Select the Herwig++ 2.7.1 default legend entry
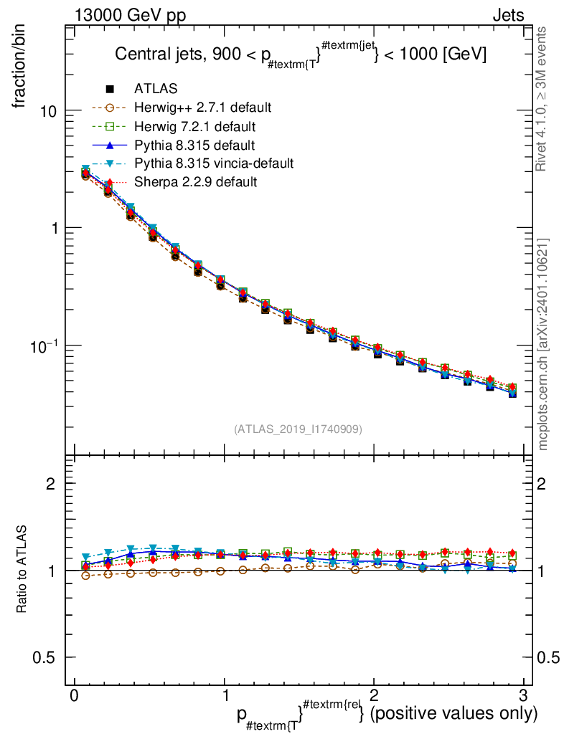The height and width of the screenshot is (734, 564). [x=202, y=108]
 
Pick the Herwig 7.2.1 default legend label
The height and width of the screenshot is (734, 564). [x=195, y=127]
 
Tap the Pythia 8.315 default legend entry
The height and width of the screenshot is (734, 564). [x=194, y=146]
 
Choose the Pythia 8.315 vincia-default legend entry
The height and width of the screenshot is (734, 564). [x=213, y=163]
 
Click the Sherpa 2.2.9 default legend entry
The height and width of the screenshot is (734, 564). [x=195, y=182]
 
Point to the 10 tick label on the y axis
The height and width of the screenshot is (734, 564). [x=47, y=111]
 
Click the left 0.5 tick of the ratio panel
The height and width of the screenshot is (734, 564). [x=48, y=657]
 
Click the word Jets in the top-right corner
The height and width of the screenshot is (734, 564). [x=507, y=16]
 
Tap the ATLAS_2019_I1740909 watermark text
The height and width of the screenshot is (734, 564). [x=298, y=429]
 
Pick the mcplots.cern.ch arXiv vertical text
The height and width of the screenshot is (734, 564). [x=543, y=344]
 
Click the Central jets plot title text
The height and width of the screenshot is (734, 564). [x=301, y=55]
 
